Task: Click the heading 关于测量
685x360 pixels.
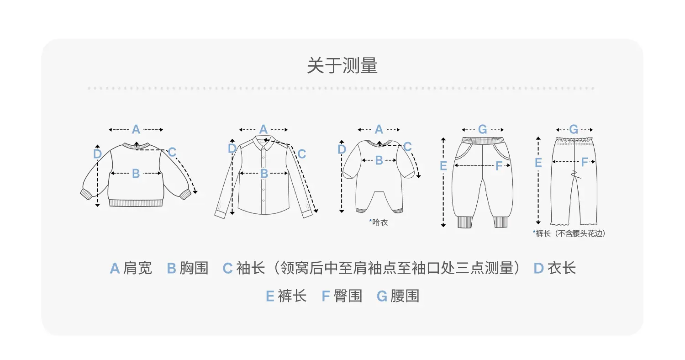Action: (342, 65)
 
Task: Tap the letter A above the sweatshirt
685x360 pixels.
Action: (136, 130)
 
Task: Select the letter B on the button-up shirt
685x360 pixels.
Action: (264, 174)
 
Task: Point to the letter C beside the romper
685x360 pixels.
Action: (407, 147)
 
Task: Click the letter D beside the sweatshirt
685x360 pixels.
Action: (97, 154)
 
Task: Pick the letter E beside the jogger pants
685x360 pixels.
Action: (443, 166)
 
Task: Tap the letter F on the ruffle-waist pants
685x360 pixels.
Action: (585, 162)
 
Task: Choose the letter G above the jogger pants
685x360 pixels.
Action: (483, 130)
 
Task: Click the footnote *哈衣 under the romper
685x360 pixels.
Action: (378, 222)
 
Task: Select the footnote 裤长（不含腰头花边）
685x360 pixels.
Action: (569, 233)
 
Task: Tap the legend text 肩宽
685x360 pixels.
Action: (137, 268)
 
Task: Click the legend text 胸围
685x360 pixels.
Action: (194, 268)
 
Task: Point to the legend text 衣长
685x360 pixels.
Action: (561, 268)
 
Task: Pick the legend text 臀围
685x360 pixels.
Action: (348, 296)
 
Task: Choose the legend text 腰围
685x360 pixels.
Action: (405, 296)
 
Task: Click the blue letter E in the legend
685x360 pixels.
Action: (270, 296)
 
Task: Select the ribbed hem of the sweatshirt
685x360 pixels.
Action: (136, 203)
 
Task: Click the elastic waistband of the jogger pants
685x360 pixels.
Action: (483, 140)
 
